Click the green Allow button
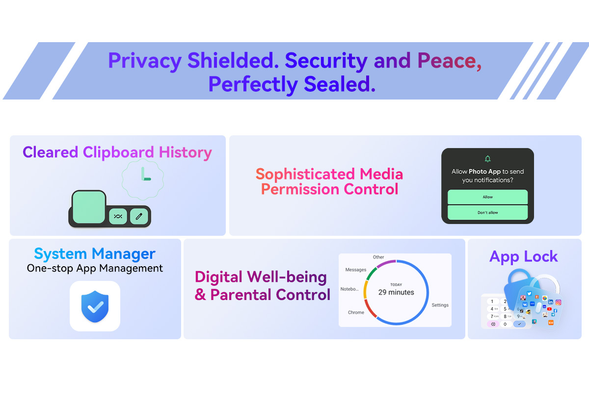pyautogui.click(x=487, y=197)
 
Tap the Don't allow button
pyautogui.click(x=487, y=212)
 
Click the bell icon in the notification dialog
pyautogui.click(x=487, y=159)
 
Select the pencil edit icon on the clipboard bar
pyautogui.click(x=139, y=216)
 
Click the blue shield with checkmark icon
pyautogui.click(x=95, y=306)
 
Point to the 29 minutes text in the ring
pyautogui.click(x=396, y=292)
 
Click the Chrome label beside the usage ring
pyautogui.click(x=356, y=312)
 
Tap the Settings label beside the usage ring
pyautogui.click(x=440, y=305)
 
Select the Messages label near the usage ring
pyautogui.click(x=355, y=270)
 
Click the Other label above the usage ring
pyautogui.click(x=378, y=257)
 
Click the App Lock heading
pyautogui.click(x=523, y=256)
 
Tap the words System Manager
pyautogui.click(x=95, y=254)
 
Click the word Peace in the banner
pyautogui.click(x=450, y=61)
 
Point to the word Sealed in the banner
pyautogui.click(x=339, y=84)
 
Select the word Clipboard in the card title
pyautogui.click(x=118, y=152)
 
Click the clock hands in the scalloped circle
pyautogui.click(x=146, y=174)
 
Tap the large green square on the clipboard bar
pyautogui.click(x=89, y=207)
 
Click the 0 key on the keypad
pyautogui.click(x=505, y=324)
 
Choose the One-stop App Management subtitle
pyautogui.click(x=95, y=268)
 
